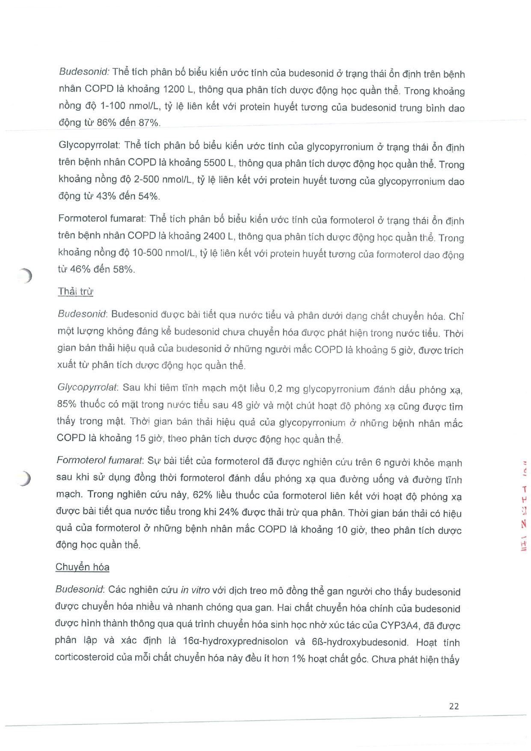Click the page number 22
(x=454, y=706)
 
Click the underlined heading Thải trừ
(x=75, y=292)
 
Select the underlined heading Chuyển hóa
(x=82, y=567)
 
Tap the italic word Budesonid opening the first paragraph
(x=84, y=72)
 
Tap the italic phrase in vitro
(x=195, y=591)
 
